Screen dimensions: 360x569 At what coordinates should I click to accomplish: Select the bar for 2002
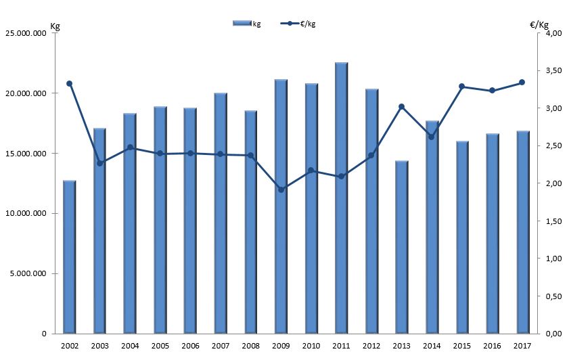(69, 257)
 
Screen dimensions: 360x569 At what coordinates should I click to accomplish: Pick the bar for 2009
(281, 206)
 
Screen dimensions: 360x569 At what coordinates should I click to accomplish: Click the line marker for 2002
(69, 83)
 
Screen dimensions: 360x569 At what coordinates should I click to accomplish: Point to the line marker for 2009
(281, 189)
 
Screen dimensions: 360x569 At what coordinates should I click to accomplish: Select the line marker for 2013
(401, 106)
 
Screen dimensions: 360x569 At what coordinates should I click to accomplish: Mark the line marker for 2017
(522, 83)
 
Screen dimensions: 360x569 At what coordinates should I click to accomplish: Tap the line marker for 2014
(432, 137)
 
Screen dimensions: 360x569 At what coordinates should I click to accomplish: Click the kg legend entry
(247, 24)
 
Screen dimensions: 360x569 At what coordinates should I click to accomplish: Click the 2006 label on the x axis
(190, 346)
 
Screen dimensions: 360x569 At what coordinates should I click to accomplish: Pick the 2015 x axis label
(461, 346)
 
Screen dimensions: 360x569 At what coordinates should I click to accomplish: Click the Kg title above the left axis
(55, 26)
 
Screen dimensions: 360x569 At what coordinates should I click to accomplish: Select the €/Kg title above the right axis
(539, 24)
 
